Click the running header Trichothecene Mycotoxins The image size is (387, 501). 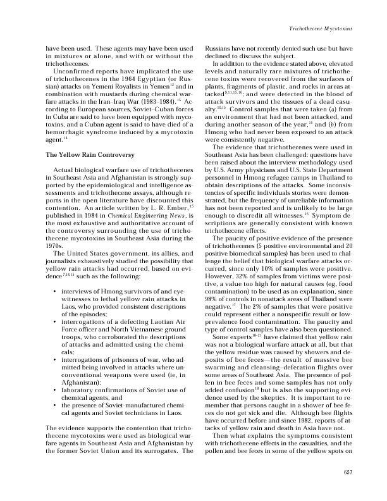(320, 30)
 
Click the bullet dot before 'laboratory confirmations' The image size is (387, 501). (57, 356)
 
